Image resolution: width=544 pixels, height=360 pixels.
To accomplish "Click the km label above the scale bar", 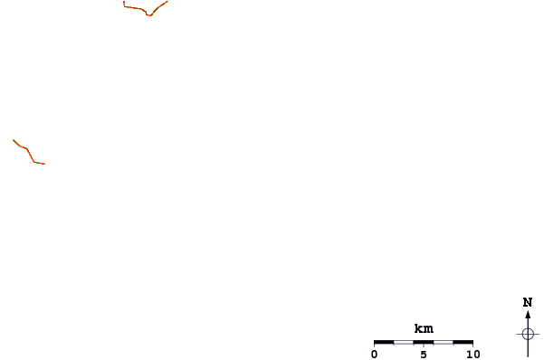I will pyautogui.click(x=424, y=328).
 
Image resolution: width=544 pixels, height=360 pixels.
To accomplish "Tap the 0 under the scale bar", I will pyautogui.click(x=374, y=355).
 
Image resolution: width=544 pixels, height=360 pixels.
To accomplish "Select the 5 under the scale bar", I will pyautogui.click(x=424, y=355).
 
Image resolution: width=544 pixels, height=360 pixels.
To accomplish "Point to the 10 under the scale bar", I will pyautogui.click(x=472, y=355).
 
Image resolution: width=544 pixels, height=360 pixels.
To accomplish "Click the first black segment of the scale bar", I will pyautogui.click(x=384, y=343).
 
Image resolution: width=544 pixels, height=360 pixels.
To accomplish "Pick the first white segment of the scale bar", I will pyautogui.click(x=404, y=343).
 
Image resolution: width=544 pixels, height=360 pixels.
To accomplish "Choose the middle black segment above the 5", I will pyautogui.click(x=424, y=343).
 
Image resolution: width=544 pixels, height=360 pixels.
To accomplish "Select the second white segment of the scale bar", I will pyautogui.click(x=444, y=343).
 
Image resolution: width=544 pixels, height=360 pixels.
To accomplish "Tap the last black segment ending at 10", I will pyautogui.click(x=463, y=343).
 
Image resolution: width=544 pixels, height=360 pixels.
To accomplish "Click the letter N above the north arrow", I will pyautogui.click(x=528, y=302).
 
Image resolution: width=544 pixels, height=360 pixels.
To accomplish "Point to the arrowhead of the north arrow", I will pyautogui.click(x=528, y=315).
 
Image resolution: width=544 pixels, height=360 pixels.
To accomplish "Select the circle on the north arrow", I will pyautogui.click(x=528, y=333).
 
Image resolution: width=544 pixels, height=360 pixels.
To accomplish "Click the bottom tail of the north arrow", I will pyautogui.click(x=528, y=355).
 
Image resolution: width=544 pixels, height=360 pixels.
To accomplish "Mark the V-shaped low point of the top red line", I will pyautogui.click(x=148, y=15).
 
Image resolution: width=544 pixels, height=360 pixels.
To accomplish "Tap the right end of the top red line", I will pyautogui.click(x=167, y=1).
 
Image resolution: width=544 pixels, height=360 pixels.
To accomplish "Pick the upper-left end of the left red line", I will pyautogui.click(x=14, y=140).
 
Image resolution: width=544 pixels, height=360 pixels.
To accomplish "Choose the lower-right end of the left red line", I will pyautogui.click(x=43, y=164).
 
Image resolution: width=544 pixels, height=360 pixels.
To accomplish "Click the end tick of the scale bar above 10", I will pyautogui.click(x=472, y=343).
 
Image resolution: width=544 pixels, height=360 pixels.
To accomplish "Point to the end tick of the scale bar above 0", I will pyautogui.click(x=374, y=343).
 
